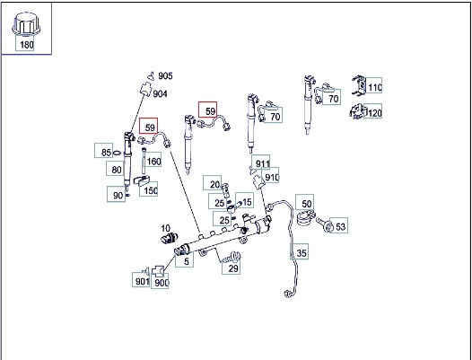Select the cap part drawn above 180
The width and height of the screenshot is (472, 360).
point(26,24)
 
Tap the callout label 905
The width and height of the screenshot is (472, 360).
point(165,76)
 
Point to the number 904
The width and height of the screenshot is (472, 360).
point(160,94)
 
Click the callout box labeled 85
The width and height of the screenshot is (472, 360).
point(103,151)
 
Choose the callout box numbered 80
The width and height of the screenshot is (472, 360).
point(115,169)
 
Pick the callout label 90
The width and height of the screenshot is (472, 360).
point(116,194)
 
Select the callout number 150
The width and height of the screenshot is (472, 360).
point(148,189)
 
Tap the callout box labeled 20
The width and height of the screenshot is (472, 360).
point(212,183)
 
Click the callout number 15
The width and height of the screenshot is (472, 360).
point(244,200)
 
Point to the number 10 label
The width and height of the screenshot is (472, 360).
point(166,228)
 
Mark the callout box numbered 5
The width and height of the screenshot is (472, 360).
point(185,259)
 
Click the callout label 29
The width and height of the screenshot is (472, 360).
point(232,268)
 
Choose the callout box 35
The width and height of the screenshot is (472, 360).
point(300,251)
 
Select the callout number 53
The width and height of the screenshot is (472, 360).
point(338,225)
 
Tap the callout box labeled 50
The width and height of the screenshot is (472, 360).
point(304,202)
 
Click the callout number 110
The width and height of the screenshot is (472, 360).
point(373,85)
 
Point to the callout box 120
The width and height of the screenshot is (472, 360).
point(373,110)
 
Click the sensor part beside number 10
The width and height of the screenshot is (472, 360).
point(170,238)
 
